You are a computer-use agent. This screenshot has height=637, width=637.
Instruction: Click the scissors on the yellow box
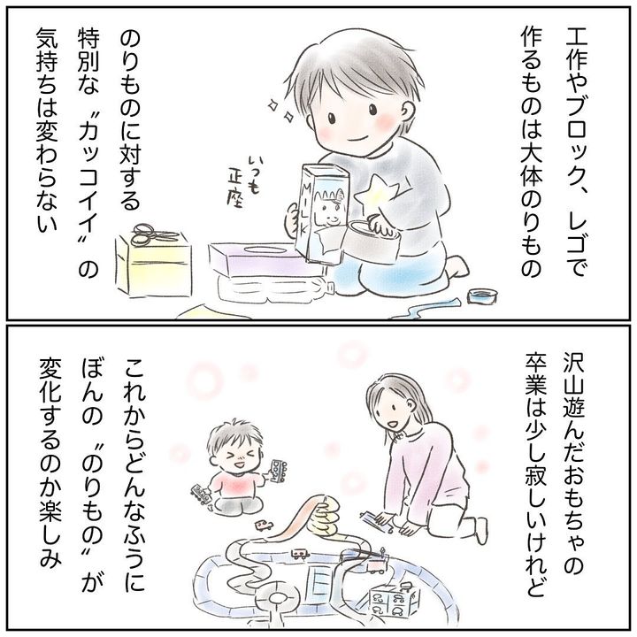point(155,235)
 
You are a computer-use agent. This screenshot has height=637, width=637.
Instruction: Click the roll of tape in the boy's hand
point(372,240)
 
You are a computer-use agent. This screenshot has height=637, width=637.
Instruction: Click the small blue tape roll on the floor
point(482,295)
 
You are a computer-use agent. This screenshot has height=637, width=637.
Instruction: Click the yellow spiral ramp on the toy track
point(324,517)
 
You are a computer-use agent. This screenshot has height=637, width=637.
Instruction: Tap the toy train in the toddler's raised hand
point(278,472)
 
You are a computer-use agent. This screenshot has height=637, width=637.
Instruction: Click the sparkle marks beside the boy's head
point(281,111)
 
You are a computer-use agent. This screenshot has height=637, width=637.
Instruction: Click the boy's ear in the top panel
point(409,111)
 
